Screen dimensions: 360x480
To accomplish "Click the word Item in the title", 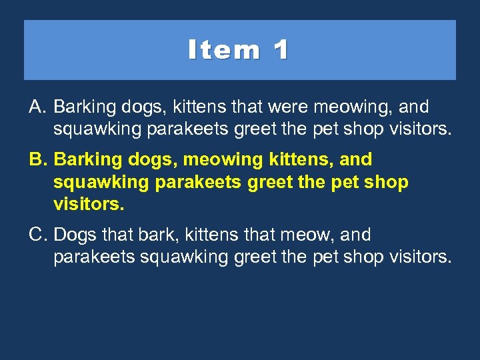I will (224, 50).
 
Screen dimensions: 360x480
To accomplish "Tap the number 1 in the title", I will (281, 50).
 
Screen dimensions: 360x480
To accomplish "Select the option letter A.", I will (37, 107).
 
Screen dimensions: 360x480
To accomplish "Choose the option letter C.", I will (37, 235).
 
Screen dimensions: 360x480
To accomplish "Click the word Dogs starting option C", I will (73, 235).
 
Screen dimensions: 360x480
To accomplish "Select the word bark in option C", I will (151, 235).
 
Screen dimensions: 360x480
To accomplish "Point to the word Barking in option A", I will (83, 107).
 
